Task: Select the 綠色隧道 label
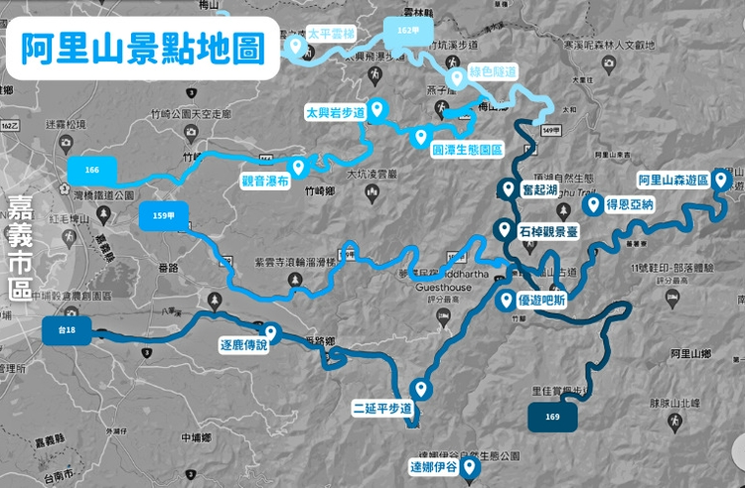click(x=494, y=72)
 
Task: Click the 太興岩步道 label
click(x=336, y=113)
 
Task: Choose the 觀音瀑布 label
click(x=265, y=181)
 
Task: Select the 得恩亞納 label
click(x=632, y=205)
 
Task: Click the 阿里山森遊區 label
click(x=672, y=181)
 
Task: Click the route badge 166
click(x=92, y=170)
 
